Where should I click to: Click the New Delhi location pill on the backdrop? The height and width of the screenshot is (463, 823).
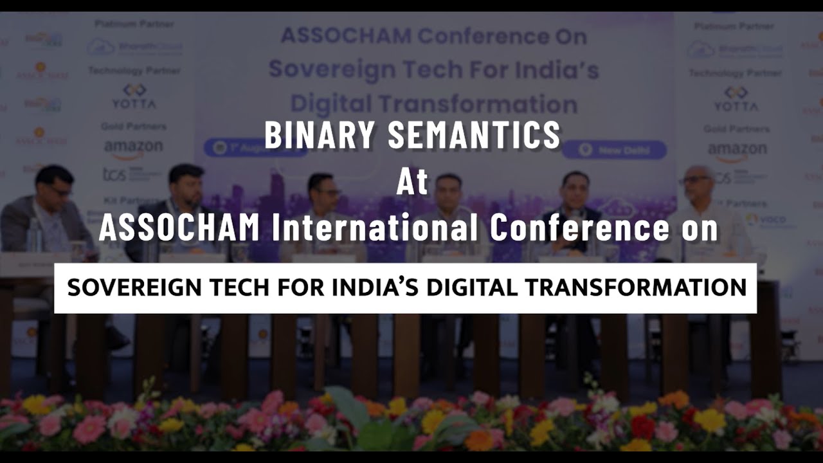point(614,150)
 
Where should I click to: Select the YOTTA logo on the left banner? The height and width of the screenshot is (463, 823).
point(134,96)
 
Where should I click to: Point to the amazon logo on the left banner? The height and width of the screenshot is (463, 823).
point(134,147)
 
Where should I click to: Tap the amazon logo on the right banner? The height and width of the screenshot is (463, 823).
point(737,150)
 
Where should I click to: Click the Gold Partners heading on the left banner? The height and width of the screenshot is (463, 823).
point(134,126)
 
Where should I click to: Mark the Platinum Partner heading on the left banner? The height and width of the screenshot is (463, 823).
point(134,24)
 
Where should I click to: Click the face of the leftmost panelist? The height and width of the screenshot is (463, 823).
point(55,183)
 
